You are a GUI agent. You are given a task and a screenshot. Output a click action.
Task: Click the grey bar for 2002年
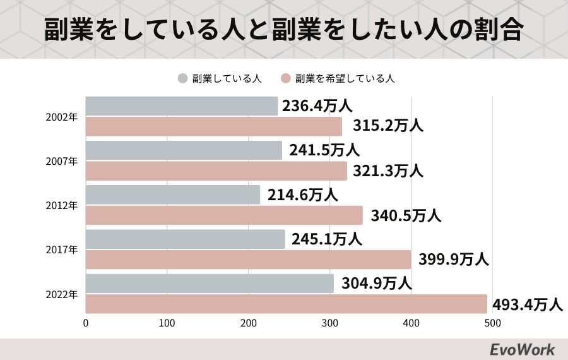pyautogui.click(x=181, y=106)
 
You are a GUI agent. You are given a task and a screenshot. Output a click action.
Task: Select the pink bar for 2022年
pyautogui.click(x=286, y=304)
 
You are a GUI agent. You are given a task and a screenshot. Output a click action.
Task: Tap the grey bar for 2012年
pyautogui.click(x=172, y=195)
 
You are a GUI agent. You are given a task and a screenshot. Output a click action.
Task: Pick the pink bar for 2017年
pyautogui.click(x=248, y=260)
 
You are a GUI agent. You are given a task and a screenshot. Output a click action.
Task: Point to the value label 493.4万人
pyautogui.click(x=527, y=304)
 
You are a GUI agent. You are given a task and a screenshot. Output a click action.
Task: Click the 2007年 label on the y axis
pyautogui.click(x=62, y=161)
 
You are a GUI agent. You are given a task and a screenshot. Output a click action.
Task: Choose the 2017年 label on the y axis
pyautogui.click(x=62, y=249)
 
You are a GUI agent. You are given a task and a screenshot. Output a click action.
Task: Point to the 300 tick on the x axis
pyautogui.click(x=330, y=323)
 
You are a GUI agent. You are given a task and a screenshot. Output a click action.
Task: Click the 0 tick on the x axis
pyautogui.click(x=86, y=323)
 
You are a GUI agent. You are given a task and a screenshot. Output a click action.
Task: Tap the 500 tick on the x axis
pyautogui.click(x=492, y=323)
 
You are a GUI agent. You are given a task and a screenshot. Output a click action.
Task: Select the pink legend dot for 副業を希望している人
pyautogui.click(x=285, y=79)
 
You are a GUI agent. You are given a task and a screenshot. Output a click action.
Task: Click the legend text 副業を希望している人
pyautogui.click(x=345, y=79)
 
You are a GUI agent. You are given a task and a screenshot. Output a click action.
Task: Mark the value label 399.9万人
pyautogui.click(x=454, y=260)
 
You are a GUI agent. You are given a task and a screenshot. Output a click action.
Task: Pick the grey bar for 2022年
pyautogui.click(x=210, y=284)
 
